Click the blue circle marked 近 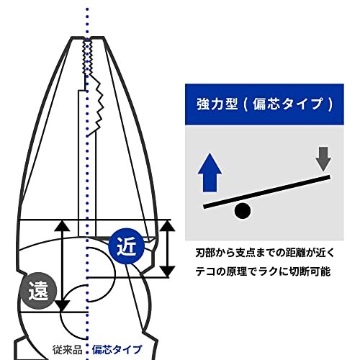tap(127, 246)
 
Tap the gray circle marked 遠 tap(38, 291)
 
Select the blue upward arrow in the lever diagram tap(210, 173)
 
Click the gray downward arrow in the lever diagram tap(323, 159)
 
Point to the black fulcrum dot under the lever tap(243, 211)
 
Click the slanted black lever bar tap(266, 192)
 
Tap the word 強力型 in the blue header tap(217, 104)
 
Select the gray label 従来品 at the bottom tap(68, 350)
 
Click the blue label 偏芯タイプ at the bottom tap(117, 350)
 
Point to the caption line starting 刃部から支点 tap(265, 253)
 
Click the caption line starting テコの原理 tap(263, 271)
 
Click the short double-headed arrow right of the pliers tap(167, 248)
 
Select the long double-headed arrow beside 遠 tap(62, 266)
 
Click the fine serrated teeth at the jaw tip tap(88, 58)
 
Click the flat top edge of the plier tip tap(88, 37)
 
